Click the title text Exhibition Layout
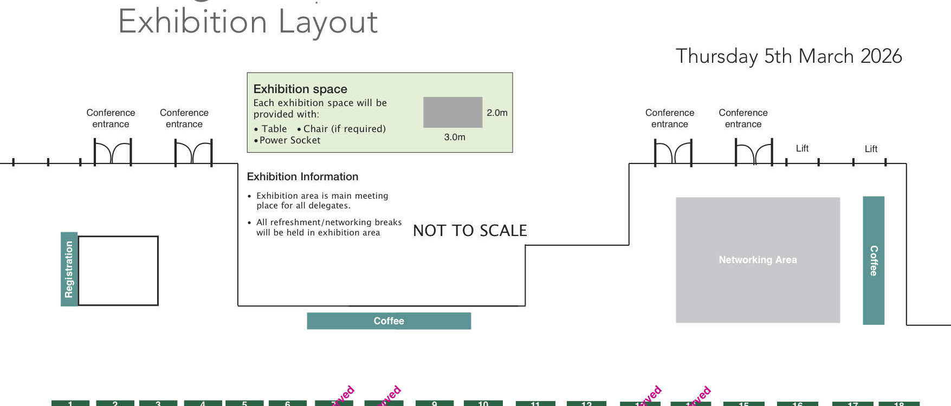pyautogui.click(x=248, y=22)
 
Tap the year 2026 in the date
pyautogui.click(x=881, y=56)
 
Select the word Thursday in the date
pyautogui.click(x=716, y=57)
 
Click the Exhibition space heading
pyautogui.click(x=300, y=89)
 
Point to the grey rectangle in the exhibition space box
pyautogui.click(x=452, y=112)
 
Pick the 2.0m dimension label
pyautogui.click(x=497, y=113)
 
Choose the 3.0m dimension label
pyautogui.click(x=455, y=137)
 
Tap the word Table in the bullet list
pyautogui.click(x=274, y=129)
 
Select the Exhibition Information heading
pyautogui.click(x=302, y=176)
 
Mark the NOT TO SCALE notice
pyautogui.click(x=470, y=231)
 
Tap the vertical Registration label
pyautogui.click(x=69, y=269)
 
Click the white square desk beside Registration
pyautogui.click(x=118, y=271)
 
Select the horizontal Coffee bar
pyautogui.click(x=389, y=321)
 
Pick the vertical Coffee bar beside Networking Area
pyautogui.click(x=873, y=260)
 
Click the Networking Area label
pyautogui.click(x=758, y=260)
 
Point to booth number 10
pyautogui.click(x=483, y=403)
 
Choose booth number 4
pyautogui.click(x=203, y=403)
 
